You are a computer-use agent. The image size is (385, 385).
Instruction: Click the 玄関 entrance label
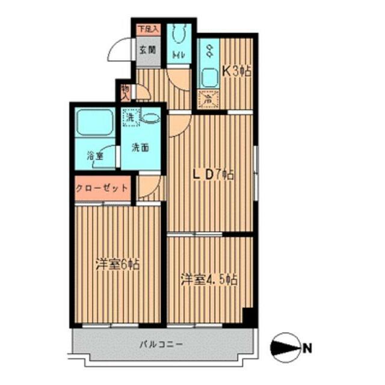coord(148,51)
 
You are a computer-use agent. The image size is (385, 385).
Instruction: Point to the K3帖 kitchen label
coord(236,70)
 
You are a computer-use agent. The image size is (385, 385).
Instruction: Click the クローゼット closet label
coord(102,188)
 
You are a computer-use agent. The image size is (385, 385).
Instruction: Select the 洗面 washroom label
coord(141,147)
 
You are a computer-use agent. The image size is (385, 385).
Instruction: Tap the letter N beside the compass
coord(307,347)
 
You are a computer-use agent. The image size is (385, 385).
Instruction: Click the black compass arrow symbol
coord(285,347)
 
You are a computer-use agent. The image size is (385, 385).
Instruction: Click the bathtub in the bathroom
coord(94,123)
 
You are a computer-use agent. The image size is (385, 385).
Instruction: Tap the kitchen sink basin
coord(210,78)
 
